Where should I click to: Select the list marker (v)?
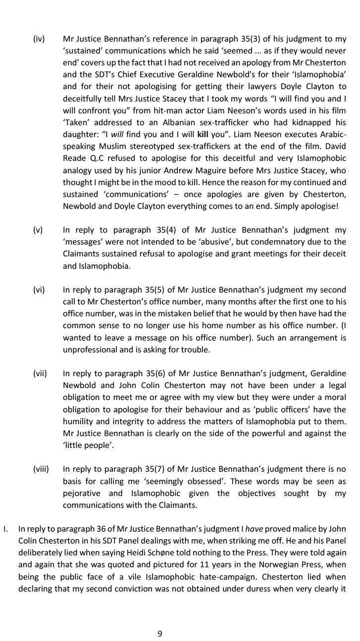(x=38, y=230)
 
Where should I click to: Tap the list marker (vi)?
(x=39, y=290)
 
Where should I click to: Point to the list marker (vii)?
(x=40, y=373)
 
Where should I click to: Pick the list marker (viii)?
(x=41, y=469)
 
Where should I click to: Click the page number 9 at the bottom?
(x=160, y=634)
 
